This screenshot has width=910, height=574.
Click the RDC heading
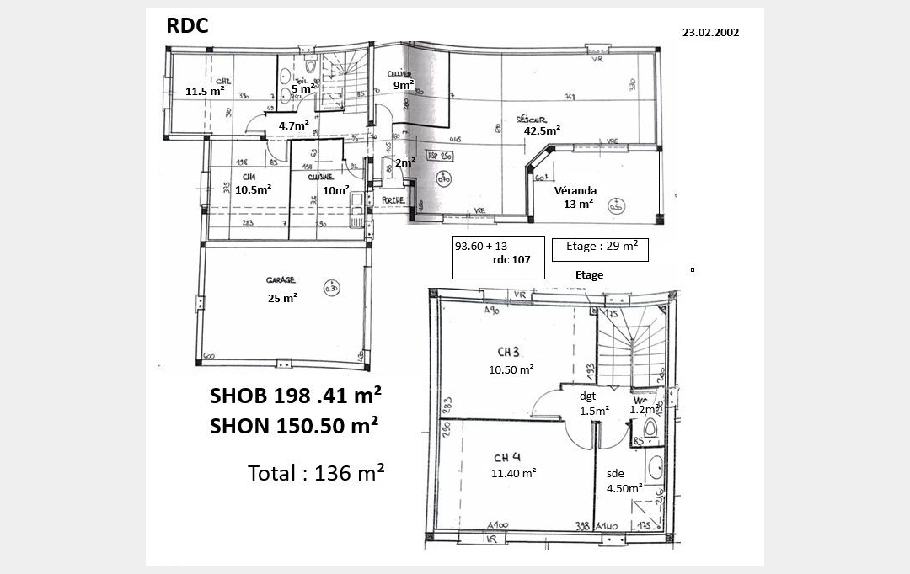pos(187,25)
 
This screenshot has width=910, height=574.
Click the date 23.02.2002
pos(710,34)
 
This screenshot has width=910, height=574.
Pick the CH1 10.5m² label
pos(252,183)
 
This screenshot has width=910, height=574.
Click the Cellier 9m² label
pos(403,80)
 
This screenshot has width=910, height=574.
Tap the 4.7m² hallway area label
pos(294,125)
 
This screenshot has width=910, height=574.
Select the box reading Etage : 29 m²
pos(600,247)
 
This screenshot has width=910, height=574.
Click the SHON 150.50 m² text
pos(293,426)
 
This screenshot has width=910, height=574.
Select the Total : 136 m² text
pos(316,473)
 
